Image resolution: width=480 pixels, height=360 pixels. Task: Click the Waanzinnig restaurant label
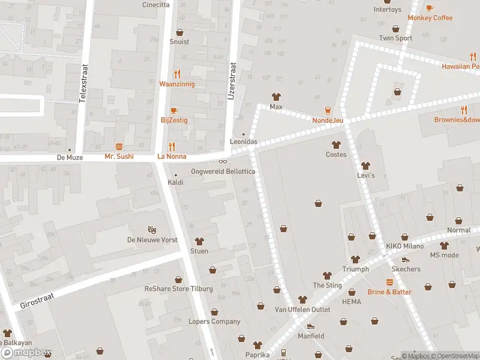[x=176, y=84]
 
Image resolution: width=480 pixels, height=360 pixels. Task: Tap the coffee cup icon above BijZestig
[x=174, y=110]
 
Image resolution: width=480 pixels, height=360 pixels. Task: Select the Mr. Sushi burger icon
[x=119, y=146]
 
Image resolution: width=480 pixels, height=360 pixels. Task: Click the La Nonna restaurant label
[x=172, y=157]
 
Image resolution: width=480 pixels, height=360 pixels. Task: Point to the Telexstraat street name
[x=84, y=83]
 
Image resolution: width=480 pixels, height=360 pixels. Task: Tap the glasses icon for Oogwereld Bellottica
[x=223, y=161]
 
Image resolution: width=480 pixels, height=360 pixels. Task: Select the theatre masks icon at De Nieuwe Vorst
[x=152, y=230]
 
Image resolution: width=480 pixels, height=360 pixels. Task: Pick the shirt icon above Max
[x=276, y=97]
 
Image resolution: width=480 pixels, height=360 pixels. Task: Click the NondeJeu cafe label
[x=328, y=120]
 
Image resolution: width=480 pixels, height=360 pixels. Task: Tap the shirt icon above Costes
[x=336, y=145]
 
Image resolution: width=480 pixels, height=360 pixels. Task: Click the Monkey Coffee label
[x=430, y=18]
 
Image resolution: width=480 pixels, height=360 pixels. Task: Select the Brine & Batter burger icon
[x=389, y=282]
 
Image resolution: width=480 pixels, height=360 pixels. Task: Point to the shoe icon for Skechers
[x=406, y=260]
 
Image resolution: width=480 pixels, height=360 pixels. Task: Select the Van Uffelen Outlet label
[x=302, y=310]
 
